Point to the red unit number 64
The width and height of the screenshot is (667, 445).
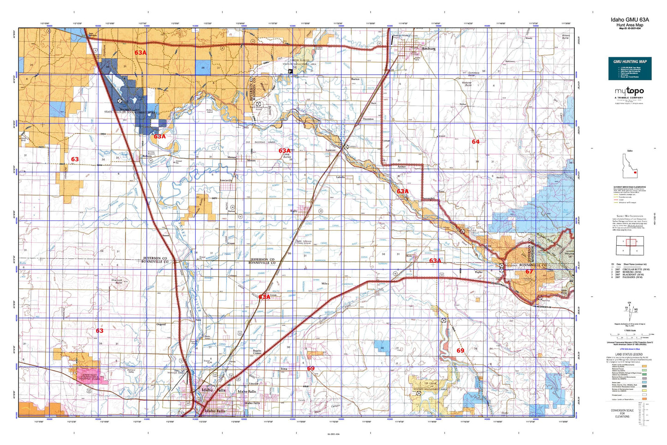(x=475, y=141)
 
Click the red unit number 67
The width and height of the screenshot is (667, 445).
(x=529, y=272)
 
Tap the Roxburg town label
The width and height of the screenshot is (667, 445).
(x=429, y=48)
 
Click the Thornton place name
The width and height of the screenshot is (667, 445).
(x=368, y=119)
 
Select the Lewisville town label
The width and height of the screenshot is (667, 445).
(x=226, y=180)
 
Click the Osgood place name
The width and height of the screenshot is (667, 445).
(x=161, y=324)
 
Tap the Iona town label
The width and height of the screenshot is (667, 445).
(x=284, y=369)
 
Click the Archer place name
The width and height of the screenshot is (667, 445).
(x=402, y=166)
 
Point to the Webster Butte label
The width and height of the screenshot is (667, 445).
(x=467, y=84)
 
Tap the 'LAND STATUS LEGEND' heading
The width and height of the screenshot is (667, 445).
(x=628, y=354)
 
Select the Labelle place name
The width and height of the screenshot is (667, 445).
(x=341, y=177)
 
